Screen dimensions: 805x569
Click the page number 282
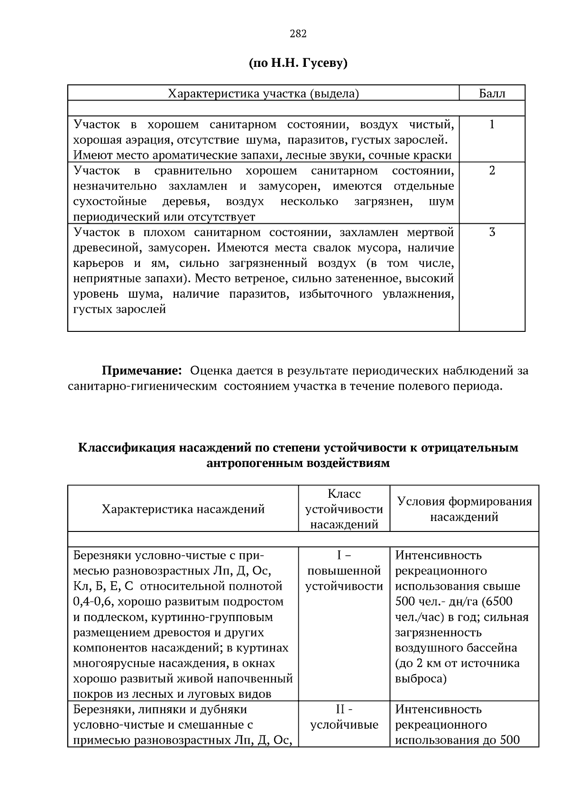tap(298, 34)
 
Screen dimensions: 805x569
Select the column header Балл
tap(492, 93)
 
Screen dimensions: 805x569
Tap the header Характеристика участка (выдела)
tap(264, 93)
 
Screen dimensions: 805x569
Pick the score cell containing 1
tap(492, 125)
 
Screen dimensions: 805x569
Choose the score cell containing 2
tap(492, 171)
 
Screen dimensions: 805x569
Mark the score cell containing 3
tap(492, 232)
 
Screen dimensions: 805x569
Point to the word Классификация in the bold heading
tap(126, 448)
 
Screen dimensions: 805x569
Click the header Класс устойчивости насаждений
tap(344, 509)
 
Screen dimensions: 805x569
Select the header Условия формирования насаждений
tap(464, 509)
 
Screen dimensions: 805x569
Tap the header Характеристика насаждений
tap(183, 509)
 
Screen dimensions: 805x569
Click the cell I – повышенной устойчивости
tap(344, 571)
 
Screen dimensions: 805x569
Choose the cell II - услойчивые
tap(344, 717)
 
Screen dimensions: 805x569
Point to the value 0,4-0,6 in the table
tap(91, 602)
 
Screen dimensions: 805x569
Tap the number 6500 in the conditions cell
tap(497, 602)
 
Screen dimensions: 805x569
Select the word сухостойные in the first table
tap(110, 201)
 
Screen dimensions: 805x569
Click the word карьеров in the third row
tap(99, 263)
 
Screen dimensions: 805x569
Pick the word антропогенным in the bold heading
tap(248, 463)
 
